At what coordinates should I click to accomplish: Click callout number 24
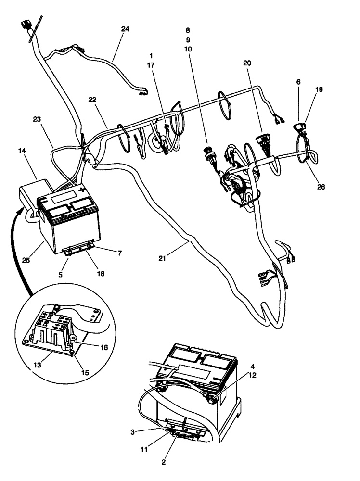pos(125,28)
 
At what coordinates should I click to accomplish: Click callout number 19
pos(319,89)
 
